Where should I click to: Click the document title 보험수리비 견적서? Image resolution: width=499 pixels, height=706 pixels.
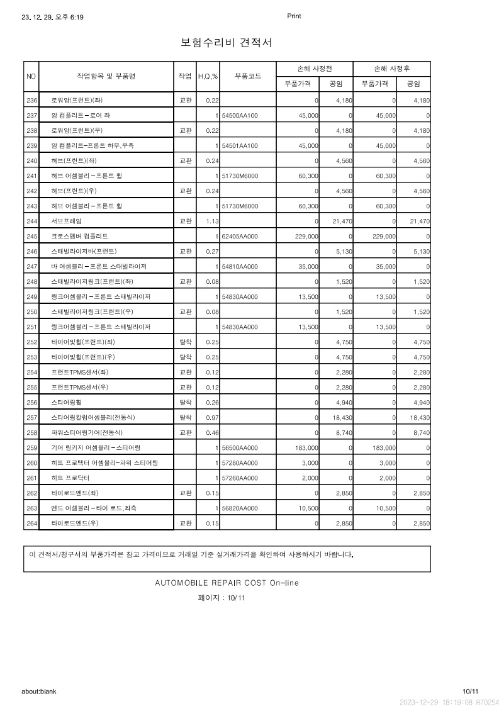227,43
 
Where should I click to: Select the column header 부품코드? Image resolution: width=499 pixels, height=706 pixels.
248,76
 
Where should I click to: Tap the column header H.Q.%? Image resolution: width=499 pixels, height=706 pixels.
208,77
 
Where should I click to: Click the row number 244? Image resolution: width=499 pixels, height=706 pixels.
32,221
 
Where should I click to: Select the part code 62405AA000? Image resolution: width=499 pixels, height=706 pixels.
240,236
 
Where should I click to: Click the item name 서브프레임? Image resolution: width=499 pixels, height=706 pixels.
66,221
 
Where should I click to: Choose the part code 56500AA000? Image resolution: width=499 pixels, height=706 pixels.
240,447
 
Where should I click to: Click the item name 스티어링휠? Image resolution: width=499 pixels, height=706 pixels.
69,402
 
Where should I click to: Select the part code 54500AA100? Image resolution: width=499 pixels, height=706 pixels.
240,115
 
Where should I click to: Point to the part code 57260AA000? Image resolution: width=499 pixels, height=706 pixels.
240,478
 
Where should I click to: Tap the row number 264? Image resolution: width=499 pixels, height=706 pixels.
32,523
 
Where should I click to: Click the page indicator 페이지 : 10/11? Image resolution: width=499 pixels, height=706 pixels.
221,598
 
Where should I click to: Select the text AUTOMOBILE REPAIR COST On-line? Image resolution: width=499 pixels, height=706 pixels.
227,583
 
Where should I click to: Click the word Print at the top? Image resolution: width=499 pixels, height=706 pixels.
294,16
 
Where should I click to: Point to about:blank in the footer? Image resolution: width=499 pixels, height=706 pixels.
39,691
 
